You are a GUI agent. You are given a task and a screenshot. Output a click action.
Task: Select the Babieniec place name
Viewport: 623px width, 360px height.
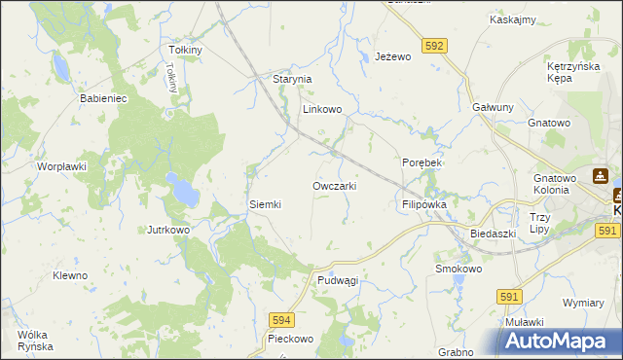tap(97, 99)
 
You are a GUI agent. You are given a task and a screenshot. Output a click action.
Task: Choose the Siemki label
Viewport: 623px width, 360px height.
tap(265, 204)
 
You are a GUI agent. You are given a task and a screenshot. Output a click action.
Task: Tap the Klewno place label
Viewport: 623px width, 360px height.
tap(70, 275)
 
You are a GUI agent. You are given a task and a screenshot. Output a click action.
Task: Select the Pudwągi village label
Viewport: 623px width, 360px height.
tap(338, 279)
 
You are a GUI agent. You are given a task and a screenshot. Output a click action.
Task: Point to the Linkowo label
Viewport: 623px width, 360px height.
tap(322, 110)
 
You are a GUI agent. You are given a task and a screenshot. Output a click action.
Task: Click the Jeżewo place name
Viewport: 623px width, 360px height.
tap(393, 57)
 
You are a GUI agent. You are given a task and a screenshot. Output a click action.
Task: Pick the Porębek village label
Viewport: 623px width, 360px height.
tap(421, 162)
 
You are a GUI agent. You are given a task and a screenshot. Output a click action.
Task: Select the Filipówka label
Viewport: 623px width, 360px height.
tap(423, 205)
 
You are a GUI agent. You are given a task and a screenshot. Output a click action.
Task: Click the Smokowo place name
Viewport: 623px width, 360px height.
tap(458, 269)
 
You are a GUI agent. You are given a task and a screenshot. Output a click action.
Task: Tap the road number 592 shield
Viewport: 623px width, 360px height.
tap(434, 45)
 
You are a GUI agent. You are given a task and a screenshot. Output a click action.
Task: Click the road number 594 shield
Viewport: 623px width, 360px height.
tap(281, 319)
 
